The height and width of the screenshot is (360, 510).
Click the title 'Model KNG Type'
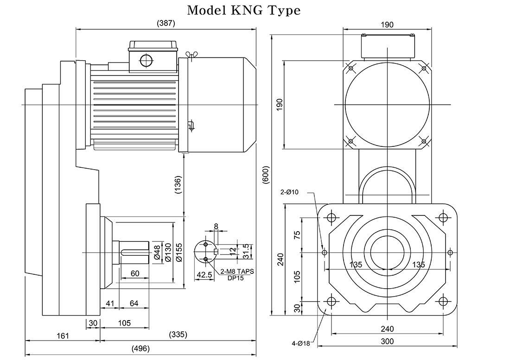pyautogui.click(x=243, y=10)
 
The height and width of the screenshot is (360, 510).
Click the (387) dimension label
pyautogui.click(x=166, y=23)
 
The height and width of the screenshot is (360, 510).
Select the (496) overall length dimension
pyautogui.click(x=140, y=348)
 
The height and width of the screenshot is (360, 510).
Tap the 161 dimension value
pyautogui.click(x=63, y=335)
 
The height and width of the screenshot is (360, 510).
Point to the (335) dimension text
pyautogui.click(x=178, y=335)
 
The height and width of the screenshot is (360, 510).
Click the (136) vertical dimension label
pyautogui.click(x=178, y=185)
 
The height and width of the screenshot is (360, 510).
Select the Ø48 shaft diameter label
pyautogui.click(x=157, y=253)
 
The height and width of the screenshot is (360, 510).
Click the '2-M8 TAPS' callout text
pyautogui.click(x=237, y=272)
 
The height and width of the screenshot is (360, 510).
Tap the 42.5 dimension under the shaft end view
pyautogui.click(x=204, y=275)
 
